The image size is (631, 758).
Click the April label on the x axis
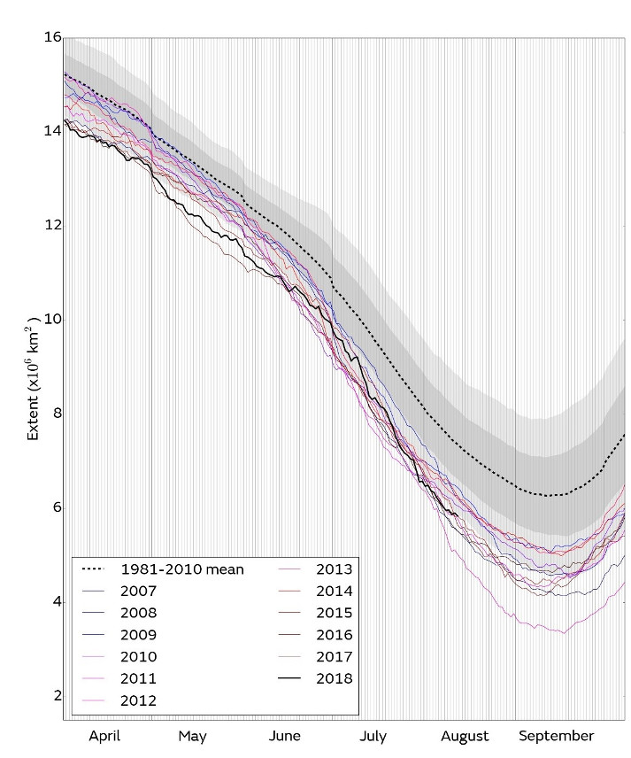pyautogui.click(x=104, y=735)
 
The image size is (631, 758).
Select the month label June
pyautogui.click(x=283, y=735)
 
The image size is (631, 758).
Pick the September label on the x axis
pyautogui.click(x=555, y=735)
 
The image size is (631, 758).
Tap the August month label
pyautogui.click(x=464, y=735)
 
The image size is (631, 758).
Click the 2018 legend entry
pyautogui.click(x=334, y=678)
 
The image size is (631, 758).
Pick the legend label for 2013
pyautogui.click(x=334, y=569)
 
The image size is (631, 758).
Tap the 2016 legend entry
pyautogui.click(x=334, y=635)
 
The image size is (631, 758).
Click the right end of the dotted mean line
pyautogui.click(x=625, y=435)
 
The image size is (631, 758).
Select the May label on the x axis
pyautogui.click(x=192, y=735)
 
